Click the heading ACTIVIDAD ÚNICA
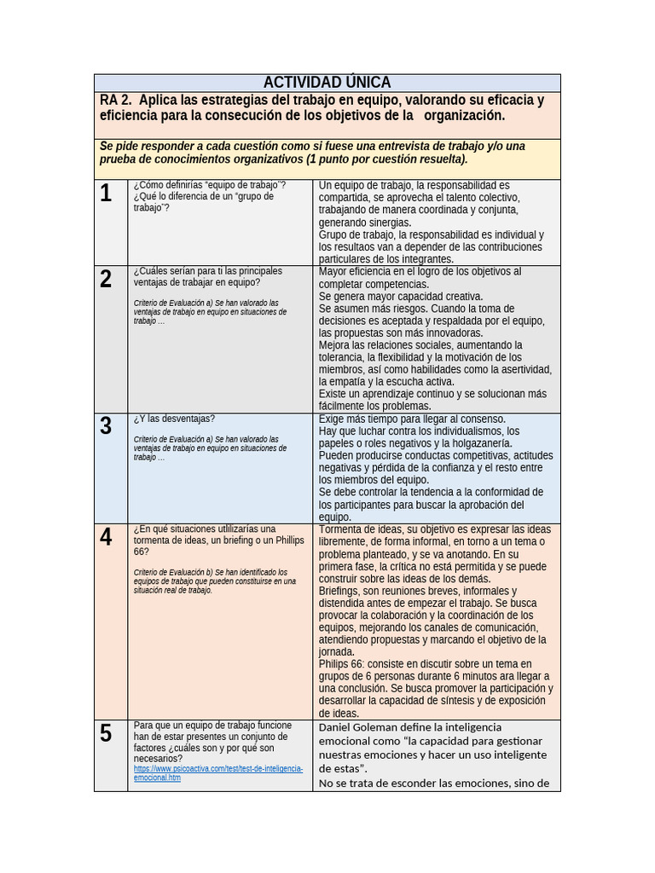(327, 83)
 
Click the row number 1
(106, 194)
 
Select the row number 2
(106, 279)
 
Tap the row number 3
(106, 426)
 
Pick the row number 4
(106, 537)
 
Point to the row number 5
(106, 733)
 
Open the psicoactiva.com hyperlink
(218, 772)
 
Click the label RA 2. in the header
(114, 101)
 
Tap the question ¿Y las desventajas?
(174, 419)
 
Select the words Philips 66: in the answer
(342, 663)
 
